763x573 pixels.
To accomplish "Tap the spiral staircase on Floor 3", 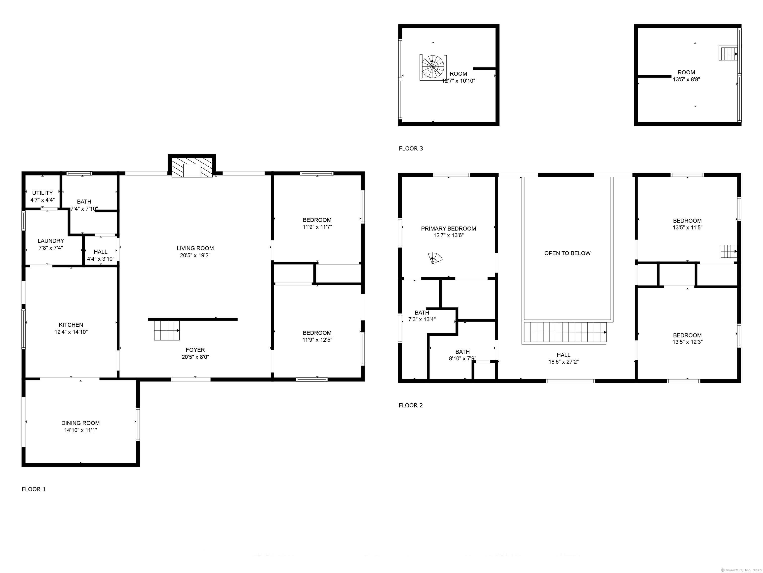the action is pos(433,67).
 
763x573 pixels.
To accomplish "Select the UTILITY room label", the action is pos(42,193).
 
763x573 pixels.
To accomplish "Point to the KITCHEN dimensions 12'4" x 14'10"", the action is pos(71,332).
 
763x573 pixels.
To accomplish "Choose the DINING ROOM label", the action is pos(80,423).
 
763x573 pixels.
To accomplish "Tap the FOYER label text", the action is pos(195,350).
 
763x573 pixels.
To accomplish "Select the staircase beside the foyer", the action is pos(167,330).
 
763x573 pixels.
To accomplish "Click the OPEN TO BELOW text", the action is pos(568,253).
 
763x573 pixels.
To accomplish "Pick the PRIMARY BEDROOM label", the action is pos(448,228).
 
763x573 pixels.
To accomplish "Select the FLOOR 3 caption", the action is pos(411,148).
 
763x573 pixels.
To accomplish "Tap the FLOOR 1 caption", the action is pos(34,489).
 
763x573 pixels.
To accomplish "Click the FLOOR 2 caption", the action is pos(411,405).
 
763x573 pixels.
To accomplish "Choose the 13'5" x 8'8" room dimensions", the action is pos(687,79).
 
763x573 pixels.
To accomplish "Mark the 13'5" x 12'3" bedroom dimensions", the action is pos(687,342).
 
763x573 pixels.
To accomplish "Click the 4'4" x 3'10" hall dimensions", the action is pos(101,259).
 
